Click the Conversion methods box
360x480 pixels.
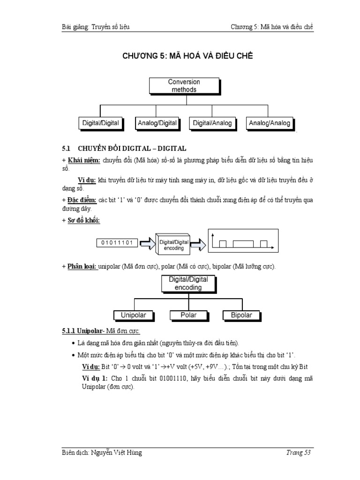click(184, 86)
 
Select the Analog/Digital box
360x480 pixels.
click(157, 123)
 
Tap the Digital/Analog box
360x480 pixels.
click(212, 123)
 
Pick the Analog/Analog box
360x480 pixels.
click(270, 123)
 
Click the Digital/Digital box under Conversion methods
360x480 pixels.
click(100, 123)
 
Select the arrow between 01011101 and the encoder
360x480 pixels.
click(145, 243)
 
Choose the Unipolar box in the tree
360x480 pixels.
click(134, 315)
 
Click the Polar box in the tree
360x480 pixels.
click(188, 315)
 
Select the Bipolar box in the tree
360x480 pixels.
click(241, 315)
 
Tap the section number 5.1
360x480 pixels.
click(66, 148)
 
